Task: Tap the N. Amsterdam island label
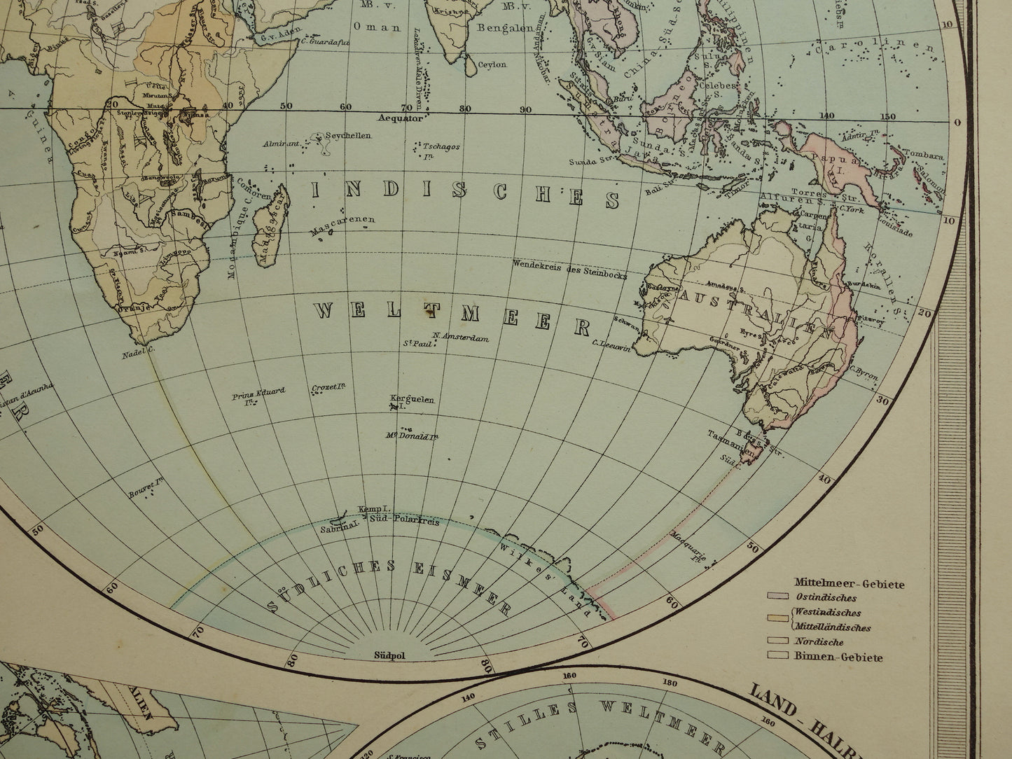pos(460,337)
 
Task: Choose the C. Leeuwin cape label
pos(613,343)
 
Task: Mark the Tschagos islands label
pos(441,147)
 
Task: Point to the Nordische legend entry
pos(818,641)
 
